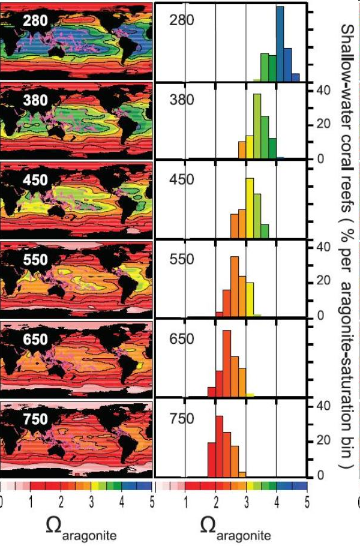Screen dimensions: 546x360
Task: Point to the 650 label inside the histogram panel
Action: [x=181, y=339]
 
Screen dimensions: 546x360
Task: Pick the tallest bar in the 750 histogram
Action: [x=219, y=445]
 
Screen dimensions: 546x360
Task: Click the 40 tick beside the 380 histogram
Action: [x=319, y=90]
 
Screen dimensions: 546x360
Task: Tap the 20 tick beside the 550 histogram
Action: [x=319, y=281]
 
